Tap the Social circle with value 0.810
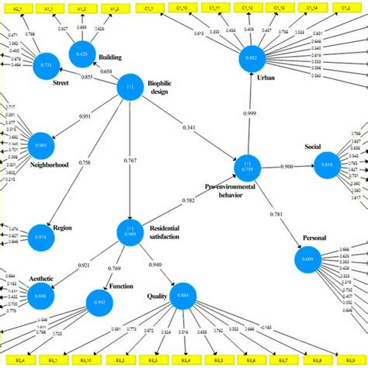[x=325, y=165]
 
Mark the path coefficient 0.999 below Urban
[x=250, y=114]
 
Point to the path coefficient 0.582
[x=189, y=201]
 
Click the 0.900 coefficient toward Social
[x=286, y=167]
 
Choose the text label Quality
[x=157, y=295]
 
